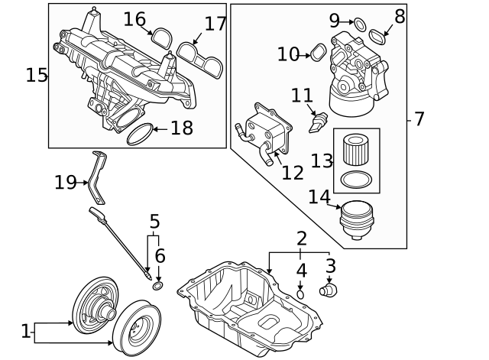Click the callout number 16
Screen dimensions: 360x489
tap(134, 19)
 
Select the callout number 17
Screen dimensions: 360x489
tap(215, 24)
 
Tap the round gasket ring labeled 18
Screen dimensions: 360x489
tap(138, 135)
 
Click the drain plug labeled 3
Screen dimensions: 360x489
tap(329, 290)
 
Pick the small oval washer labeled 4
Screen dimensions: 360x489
tap(301, 294)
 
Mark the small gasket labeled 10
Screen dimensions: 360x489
tap(319, 53)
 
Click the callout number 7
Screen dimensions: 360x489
tap(419, 119)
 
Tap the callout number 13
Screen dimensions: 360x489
tap(322, 161)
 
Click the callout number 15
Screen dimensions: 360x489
tap(36, 75)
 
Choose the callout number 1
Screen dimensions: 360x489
tap(25, 332)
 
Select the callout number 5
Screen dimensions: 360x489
tap(154, 222)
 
